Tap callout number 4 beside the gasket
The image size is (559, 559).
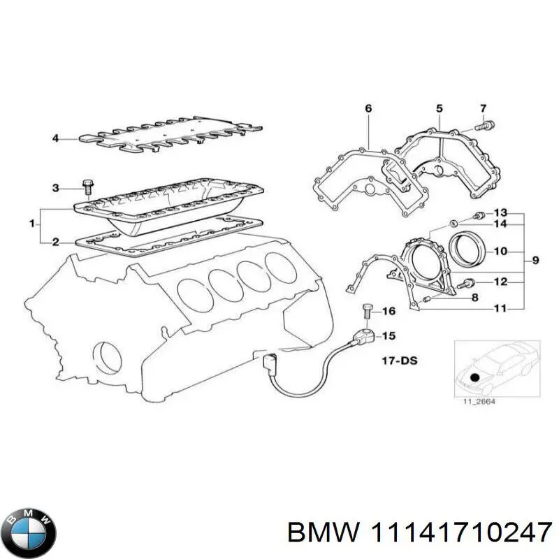[x=55, y=138]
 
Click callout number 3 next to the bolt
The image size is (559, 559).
[x=55, y=187]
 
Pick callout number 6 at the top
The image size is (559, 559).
[x=368, y=108]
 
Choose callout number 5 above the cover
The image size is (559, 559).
[x=440, y=108]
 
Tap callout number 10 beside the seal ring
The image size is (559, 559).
[x=500, y=250]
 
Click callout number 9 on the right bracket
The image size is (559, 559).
[x=535, y=261]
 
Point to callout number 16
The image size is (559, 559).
[x=389, y=311]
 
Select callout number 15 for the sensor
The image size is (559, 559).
[x=389, y=336]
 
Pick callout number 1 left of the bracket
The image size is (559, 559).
[x=31, y=224]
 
